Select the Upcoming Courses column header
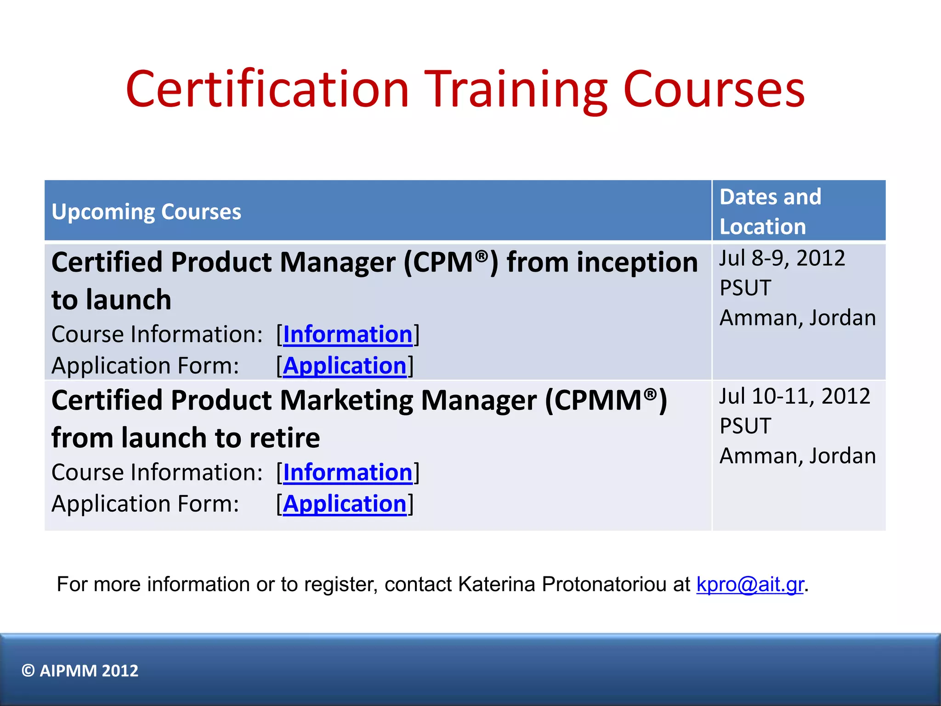pos(146,212)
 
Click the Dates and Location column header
pos(770,211)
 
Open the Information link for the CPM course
pos(347,334)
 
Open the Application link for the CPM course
pos(345,366)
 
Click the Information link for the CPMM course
pos(347,473)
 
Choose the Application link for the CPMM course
pos(345,504)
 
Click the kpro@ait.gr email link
pos(750,584)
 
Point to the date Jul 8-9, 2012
pos(782,258)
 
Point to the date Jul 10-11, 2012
pos(794,396)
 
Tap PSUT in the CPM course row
pos(745,288)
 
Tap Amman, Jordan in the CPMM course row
pos(798,456)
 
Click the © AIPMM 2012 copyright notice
pos(80,671)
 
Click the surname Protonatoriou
pos(616,584)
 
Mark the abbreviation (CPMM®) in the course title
pos(606,400)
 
